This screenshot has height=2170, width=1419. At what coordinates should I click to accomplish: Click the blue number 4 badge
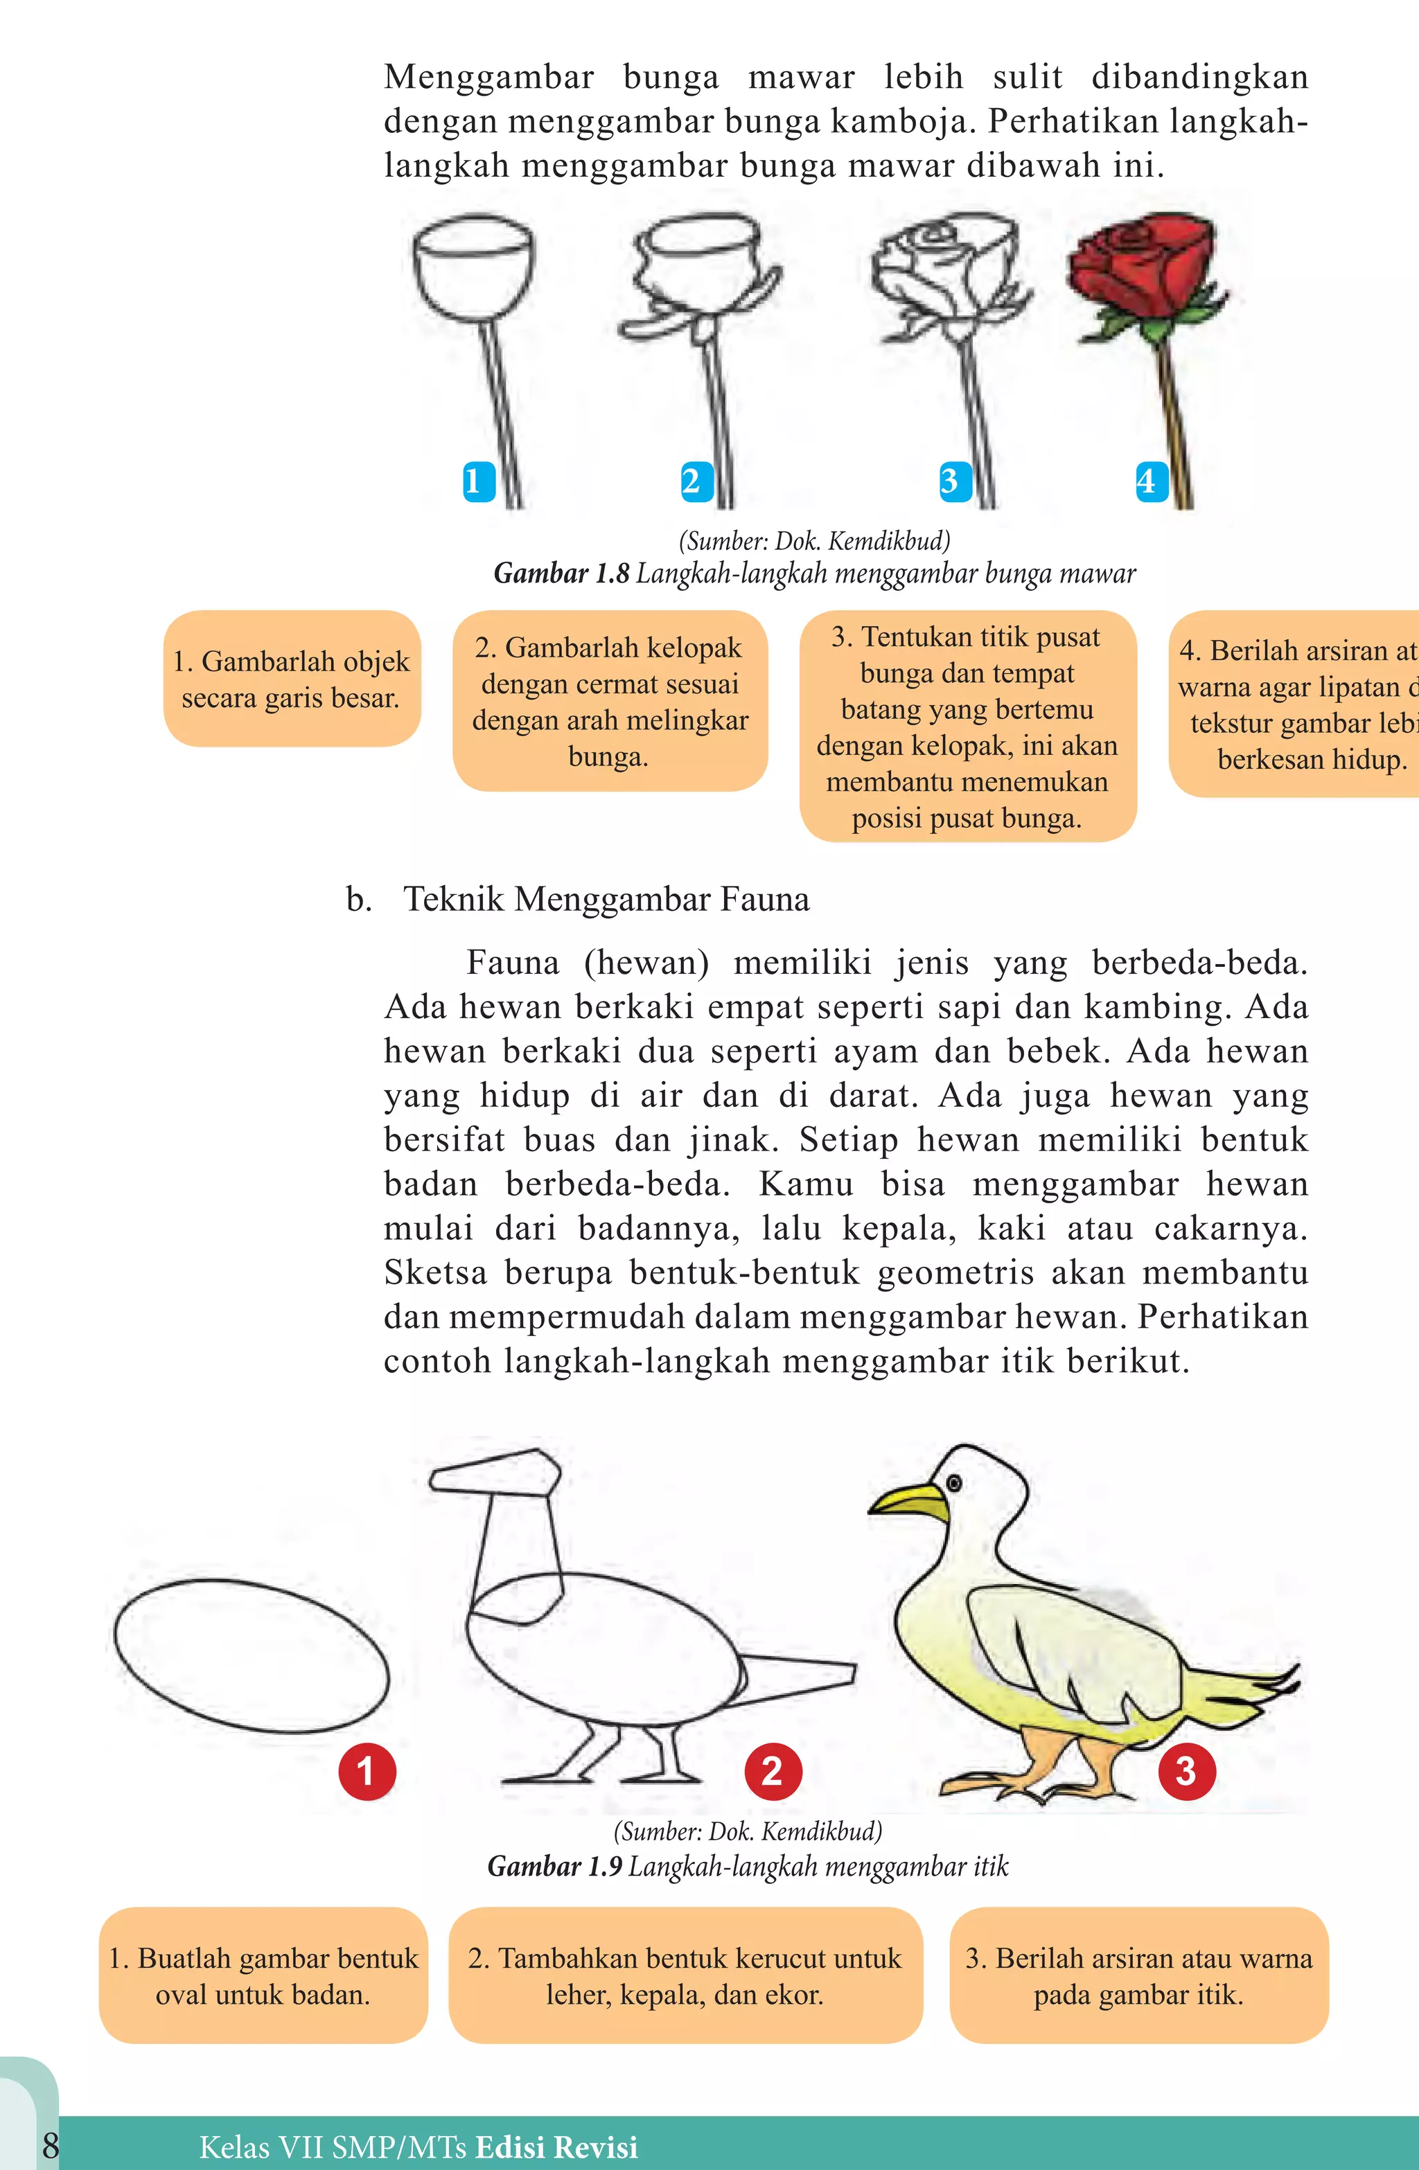tap(1151, 481)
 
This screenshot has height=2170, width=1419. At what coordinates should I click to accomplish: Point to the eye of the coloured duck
tap(955, 1482)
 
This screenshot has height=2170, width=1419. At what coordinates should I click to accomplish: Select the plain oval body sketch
tap(252, 1655)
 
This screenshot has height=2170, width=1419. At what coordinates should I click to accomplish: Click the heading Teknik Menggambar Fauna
tap(606, 899)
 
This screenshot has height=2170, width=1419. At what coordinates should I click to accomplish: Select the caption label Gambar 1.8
tap(561, 573)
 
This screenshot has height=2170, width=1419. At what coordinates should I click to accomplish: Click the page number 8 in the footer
tap(50, 2145)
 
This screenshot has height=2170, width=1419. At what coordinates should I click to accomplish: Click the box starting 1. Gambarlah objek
tap(292, 679)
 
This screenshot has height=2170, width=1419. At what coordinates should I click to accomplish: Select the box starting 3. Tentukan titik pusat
tap(967, 727)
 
